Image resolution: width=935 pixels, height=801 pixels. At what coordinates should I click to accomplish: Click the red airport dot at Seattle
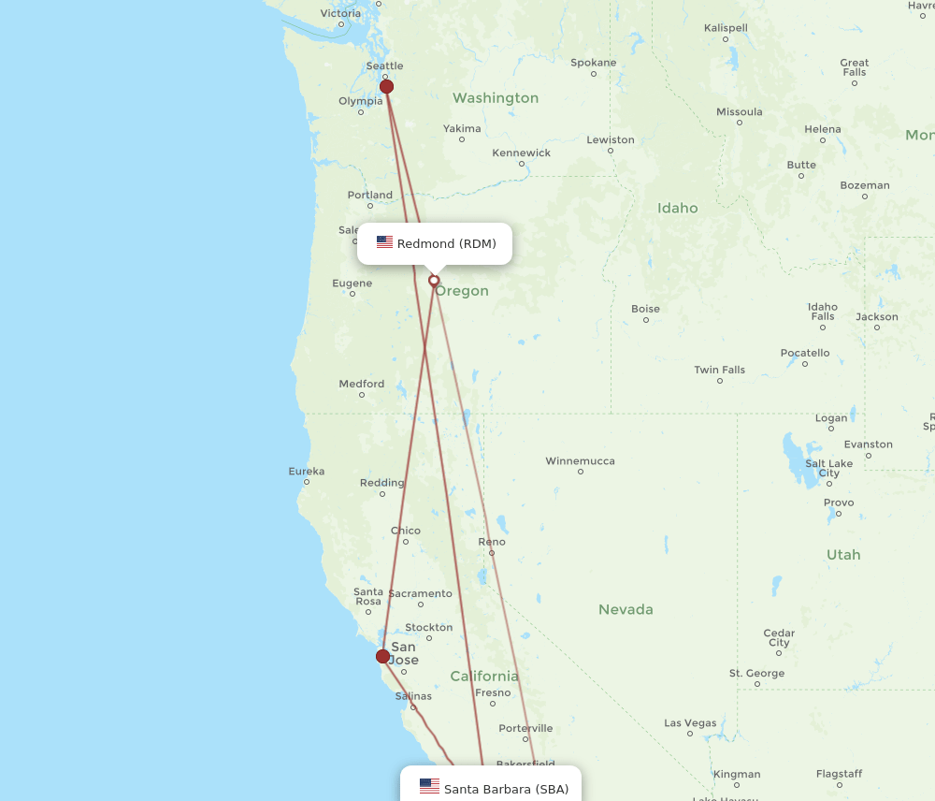(386, 87)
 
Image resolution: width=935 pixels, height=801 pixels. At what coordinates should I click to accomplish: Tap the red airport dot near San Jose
(382, 656)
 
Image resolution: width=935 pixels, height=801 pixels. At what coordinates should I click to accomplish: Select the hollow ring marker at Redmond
(434, 280)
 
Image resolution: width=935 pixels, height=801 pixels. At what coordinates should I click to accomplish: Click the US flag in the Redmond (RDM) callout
(384, 242)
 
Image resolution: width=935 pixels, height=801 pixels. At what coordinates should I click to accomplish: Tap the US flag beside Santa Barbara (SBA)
(429, 786)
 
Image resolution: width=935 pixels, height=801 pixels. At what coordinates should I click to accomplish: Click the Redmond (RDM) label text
(446, 244)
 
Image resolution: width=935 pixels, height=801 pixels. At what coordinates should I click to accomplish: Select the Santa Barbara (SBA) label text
(506, 789)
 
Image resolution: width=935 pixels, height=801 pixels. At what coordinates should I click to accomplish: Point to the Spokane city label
(594, 63)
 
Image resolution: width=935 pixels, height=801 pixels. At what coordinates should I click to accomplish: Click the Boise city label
(645, 309)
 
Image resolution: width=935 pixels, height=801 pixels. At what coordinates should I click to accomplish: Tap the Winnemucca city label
(580, 460)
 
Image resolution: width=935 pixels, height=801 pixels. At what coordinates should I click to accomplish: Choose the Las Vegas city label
(690, 722)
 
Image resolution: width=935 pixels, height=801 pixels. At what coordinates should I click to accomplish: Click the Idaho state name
(677, 208)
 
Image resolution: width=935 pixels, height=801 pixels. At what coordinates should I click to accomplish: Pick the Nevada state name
(626, 609)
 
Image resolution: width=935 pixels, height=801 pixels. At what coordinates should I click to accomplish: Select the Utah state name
(842, 554)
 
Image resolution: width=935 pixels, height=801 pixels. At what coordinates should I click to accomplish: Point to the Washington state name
(496, 97)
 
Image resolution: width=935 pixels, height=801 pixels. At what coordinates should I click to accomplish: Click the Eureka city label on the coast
(306, 471)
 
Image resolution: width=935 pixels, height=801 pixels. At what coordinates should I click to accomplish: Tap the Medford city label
(361, 384)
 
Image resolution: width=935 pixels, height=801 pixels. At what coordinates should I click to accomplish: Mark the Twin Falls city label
(719, 370)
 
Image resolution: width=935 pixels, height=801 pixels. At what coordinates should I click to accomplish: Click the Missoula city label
(739, 111)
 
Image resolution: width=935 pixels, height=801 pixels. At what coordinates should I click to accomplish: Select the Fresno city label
(493, 692)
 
